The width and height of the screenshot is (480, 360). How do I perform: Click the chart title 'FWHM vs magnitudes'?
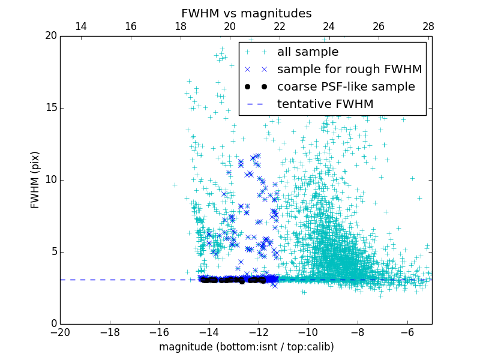coord(246,13)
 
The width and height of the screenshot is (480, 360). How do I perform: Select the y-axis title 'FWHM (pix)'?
coord(35,179)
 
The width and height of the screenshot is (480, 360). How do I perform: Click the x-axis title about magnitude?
coord(246,347)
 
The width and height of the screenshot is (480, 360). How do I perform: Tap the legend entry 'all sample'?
coord(307,52)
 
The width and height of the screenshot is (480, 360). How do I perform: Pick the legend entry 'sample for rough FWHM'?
coord(349,70)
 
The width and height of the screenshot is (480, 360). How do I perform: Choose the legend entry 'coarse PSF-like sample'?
coord(346,87)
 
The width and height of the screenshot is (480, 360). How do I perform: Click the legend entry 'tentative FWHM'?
coord(325,104)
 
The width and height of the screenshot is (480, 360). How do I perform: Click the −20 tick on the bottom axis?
coord(60,332)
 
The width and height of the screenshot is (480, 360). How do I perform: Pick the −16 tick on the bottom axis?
coord(159,332)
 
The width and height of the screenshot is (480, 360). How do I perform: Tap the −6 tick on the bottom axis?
coord(407,332)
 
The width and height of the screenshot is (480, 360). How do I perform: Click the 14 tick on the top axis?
coord(80,26)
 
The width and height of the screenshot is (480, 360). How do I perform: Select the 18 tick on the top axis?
coord(180,26)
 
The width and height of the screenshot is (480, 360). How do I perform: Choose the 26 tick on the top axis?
coord(379,26)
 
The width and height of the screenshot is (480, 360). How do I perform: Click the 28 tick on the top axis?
coord(428,26)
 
